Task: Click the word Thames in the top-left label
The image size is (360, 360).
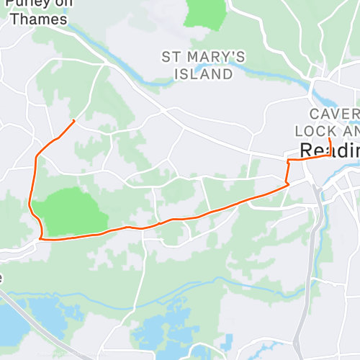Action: click(x=40, y=19)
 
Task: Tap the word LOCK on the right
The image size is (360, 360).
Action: click(x=311, y=131)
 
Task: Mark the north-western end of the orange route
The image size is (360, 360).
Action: click(x=74, y=120)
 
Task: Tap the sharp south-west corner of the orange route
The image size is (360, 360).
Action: click(x=41, y=237)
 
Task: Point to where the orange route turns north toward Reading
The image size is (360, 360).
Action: click(x=289, y=184)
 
